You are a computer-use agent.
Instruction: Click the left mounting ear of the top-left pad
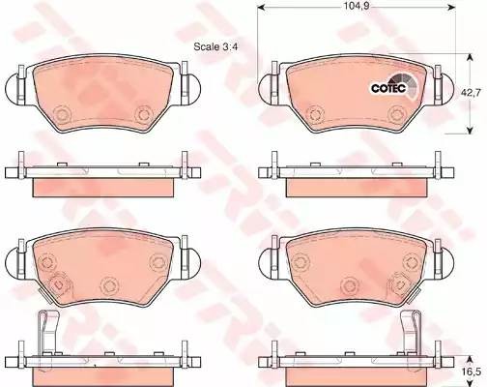pos(14,92)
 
